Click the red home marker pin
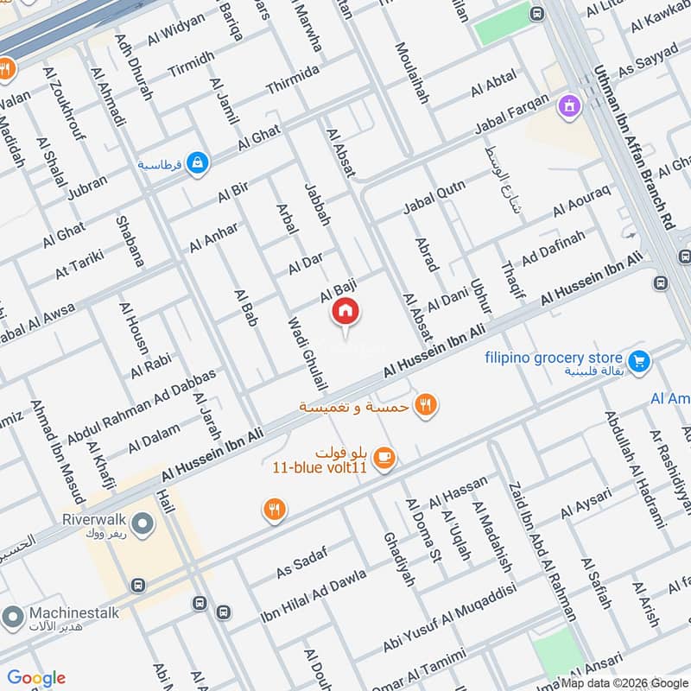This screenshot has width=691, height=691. (x=345, y=312)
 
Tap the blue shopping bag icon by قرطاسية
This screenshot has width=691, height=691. (x=199, y=162)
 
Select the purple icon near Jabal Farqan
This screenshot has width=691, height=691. (x=569, y=106)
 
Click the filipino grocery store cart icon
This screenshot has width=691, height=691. (x=639, y=359)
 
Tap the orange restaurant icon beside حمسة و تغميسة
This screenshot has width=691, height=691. (x=425, y=404)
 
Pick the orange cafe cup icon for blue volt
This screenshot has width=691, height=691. (x=385, y=460)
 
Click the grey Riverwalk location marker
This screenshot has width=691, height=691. (x=144, y=523)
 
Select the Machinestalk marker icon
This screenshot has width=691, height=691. (x=12, y=618)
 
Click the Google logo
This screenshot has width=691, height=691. (x=36, y=678)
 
